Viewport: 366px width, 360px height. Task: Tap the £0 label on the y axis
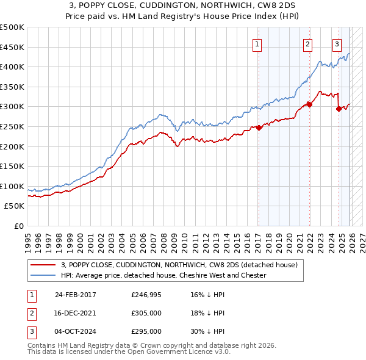click(18, 226)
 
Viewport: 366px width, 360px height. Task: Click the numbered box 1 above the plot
click(257, 44)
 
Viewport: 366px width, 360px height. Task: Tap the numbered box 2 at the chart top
click(308, 44)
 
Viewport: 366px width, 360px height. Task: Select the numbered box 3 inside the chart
click(337, 44)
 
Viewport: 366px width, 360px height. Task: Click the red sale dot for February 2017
click(259, 128)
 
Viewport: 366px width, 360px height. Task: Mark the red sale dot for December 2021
click(309, 104)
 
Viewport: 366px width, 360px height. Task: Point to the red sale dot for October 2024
click(339, 109)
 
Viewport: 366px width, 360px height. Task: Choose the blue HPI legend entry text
click(163, 275)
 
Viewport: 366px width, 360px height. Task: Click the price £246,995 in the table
click(146, 294)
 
